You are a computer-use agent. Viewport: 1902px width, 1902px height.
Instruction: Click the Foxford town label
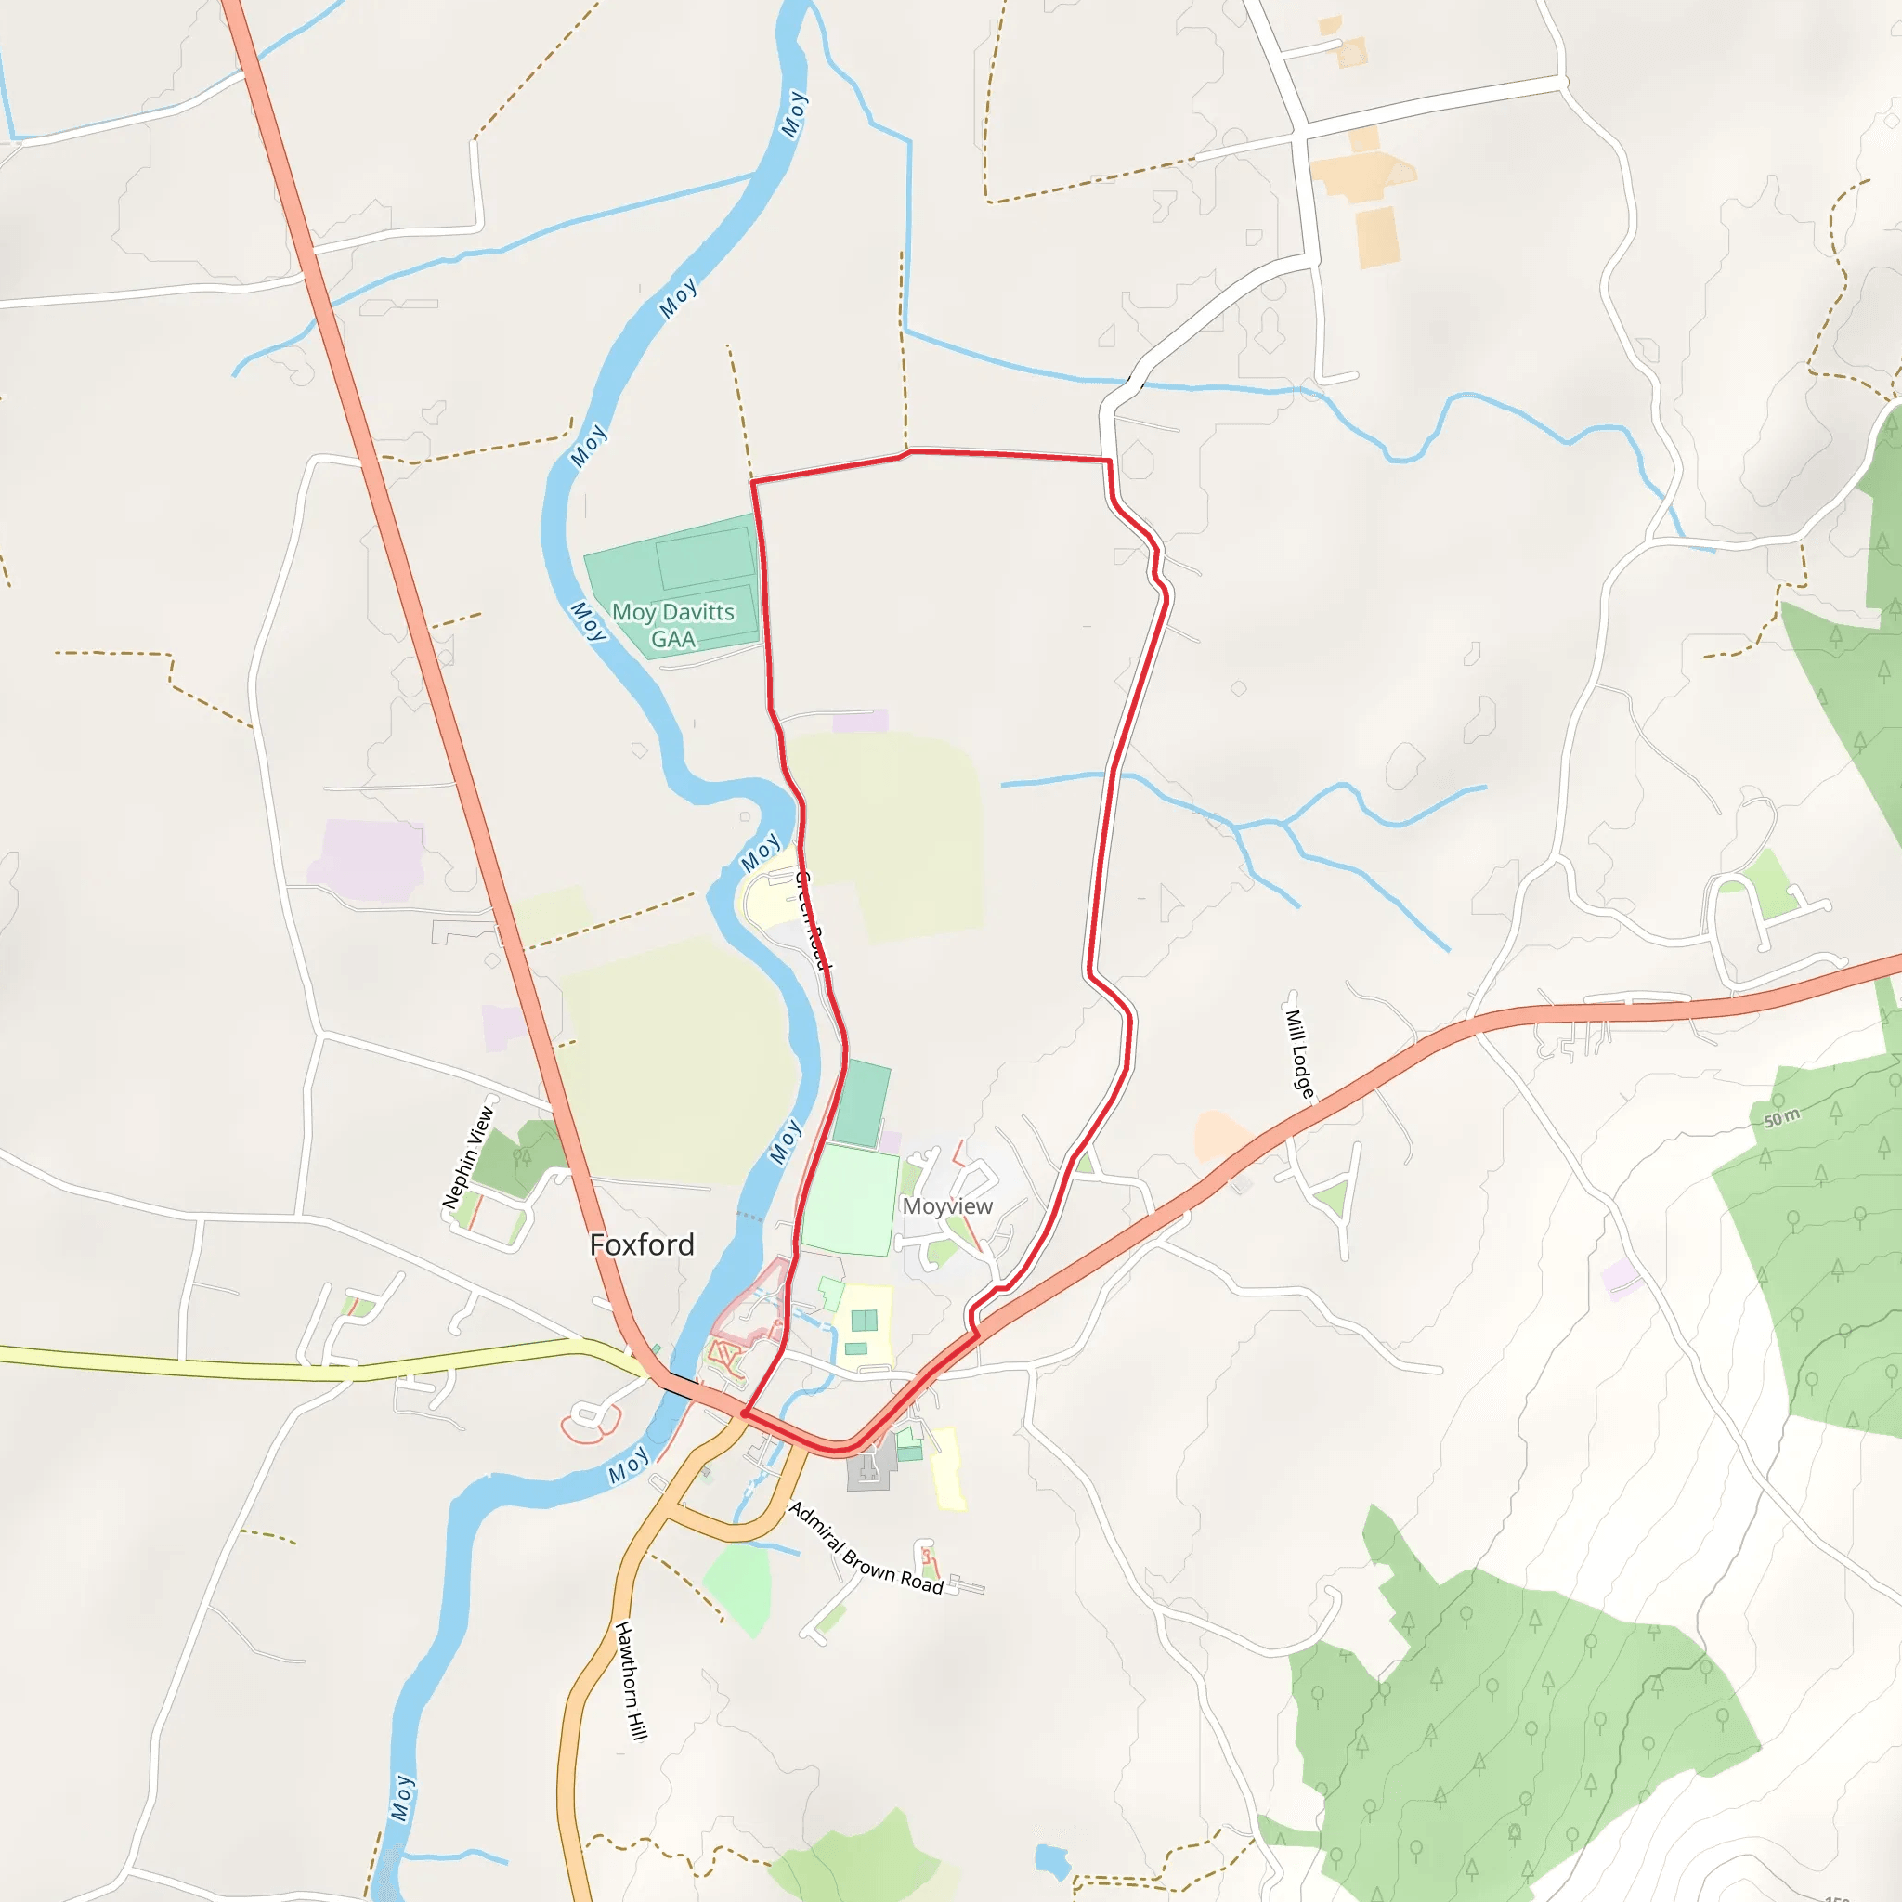pos(641,1245)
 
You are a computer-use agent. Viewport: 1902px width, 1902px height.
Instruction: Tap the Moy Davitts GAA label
pos(673,625)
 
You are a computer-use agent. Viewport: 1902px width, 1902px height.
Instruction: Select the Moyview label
pos(947,1206)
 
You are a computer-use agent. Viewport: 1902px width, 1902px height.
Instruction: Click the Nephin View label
pos(468,1158)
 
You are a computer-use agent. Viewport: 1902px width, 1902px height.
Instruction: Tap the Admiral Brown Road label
pos(866,1548)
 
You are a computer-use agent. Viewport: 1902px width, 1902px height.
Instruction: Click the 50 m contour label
pos(1781,1117)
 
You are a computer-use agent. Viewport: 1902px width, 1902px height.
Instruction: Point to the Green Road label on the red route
pos(814,920)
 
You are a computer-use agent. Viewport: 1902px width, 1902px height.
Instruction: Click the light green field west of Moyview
pos(850,1199)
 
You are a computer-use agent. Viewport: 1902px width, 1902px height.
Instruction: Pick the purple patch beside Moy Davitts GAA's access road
pos(860,720)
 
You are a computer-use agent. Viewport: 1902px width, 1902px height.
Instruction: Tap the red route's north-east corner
pos(1110,460)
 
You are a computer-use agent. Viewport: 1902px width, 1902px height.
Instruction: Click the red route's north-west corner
pos(753,481)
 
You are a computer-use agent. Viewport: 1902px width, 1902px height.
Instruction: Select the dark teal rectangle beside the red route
pos(862,1103)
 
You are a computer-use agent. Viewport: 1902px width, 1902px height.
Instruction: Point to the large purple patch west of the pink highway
pos(366,859)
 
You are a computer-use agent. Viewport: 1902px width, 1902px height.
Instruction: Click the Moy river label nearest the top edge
pos(793,114)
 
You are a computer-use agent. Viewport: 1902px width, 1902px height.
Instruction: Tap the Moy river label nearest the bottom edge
pos(401,1798)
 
